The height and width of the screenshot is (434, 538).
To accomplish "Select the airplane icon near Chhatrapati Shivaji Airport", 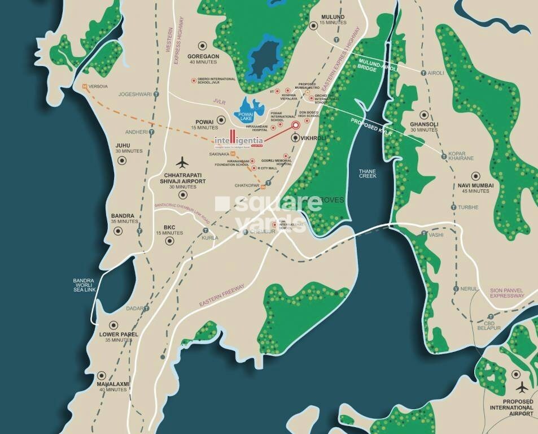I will pos(182,162).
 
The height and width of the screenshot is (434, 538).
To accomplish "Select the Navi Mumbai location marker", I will pos(475,175).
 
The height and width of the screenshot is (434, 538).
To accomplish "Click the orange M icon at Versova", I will pos(85,86).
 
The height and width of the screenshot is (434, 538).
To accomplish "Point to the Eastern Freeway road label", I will pos(222,296).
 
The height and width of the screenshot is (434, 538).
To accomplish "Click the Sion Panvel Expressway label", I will pos(507,292).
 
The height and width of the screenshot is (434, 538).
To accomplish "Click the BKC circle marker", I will pos(169,241).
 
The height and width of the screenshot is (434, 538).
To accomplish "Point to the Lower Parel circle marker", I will pos(113,325).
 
